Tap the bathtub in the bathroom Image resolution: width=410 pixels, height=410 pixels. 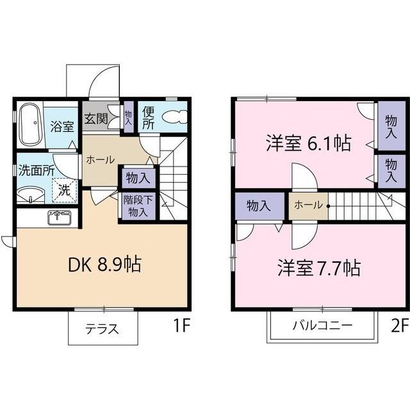coord(29,125)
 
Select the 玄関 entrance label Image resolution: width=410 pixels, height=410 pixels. coord(95,119)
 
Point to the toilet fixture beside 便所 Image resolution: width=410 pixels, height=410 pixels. coord(174,118)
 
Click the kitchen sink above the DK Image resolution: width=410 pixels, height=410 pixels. coord(60,217)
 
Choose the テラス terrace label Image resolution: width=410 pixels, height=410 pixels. coord(102,330)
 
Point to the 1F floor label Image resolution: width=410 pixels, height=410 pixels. coord(182,326)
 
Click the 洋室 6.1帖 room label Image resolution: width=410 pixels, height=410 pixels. coord(308,143)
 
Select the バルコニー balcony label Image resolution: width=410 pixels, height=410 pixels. coord(322,325)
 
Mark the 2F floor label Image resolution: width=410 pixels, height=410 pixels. coord(398,326)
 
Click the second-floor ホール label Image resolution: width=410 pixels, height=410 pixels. coord(308,206)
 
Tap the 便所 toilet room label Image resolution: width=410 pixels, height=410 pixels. coord(148,119)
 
